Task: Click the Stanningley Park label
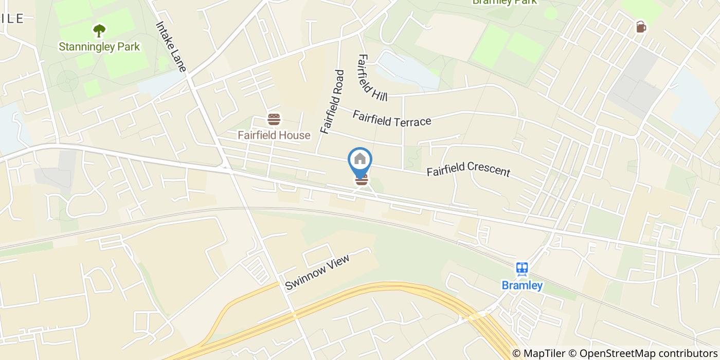pyautogui.click(x=99, y=47)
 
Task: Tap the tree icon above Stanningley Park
pyautogui.click(x=99, y=30)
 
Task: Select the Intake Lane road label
pyautogui.click(x=171, y=49)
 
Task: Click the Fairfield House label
pyautogui.click(x=274, y=135)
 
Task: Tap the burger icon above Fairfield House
pyautogui.click(x=274, y=120)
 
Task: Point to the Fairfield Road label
pyautogui.click(x=332, y=102)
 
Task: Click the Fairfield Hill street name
pyautogui.click(x=372, y=77)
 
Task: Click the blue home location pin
pyautogui.click(x=360, y=159)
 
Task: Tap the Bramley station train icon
pyautogui.click(x=522, y=269)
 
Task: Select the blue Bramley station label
pyautogui.click(x=522, y=285)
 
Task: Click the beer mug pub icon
pyautogui.click(x=640, y=27)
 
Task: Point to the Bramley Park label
pyautogui.click(x=504, y=2)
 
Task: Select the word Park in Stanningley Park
pyautogui.click(x=128, y=47)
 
